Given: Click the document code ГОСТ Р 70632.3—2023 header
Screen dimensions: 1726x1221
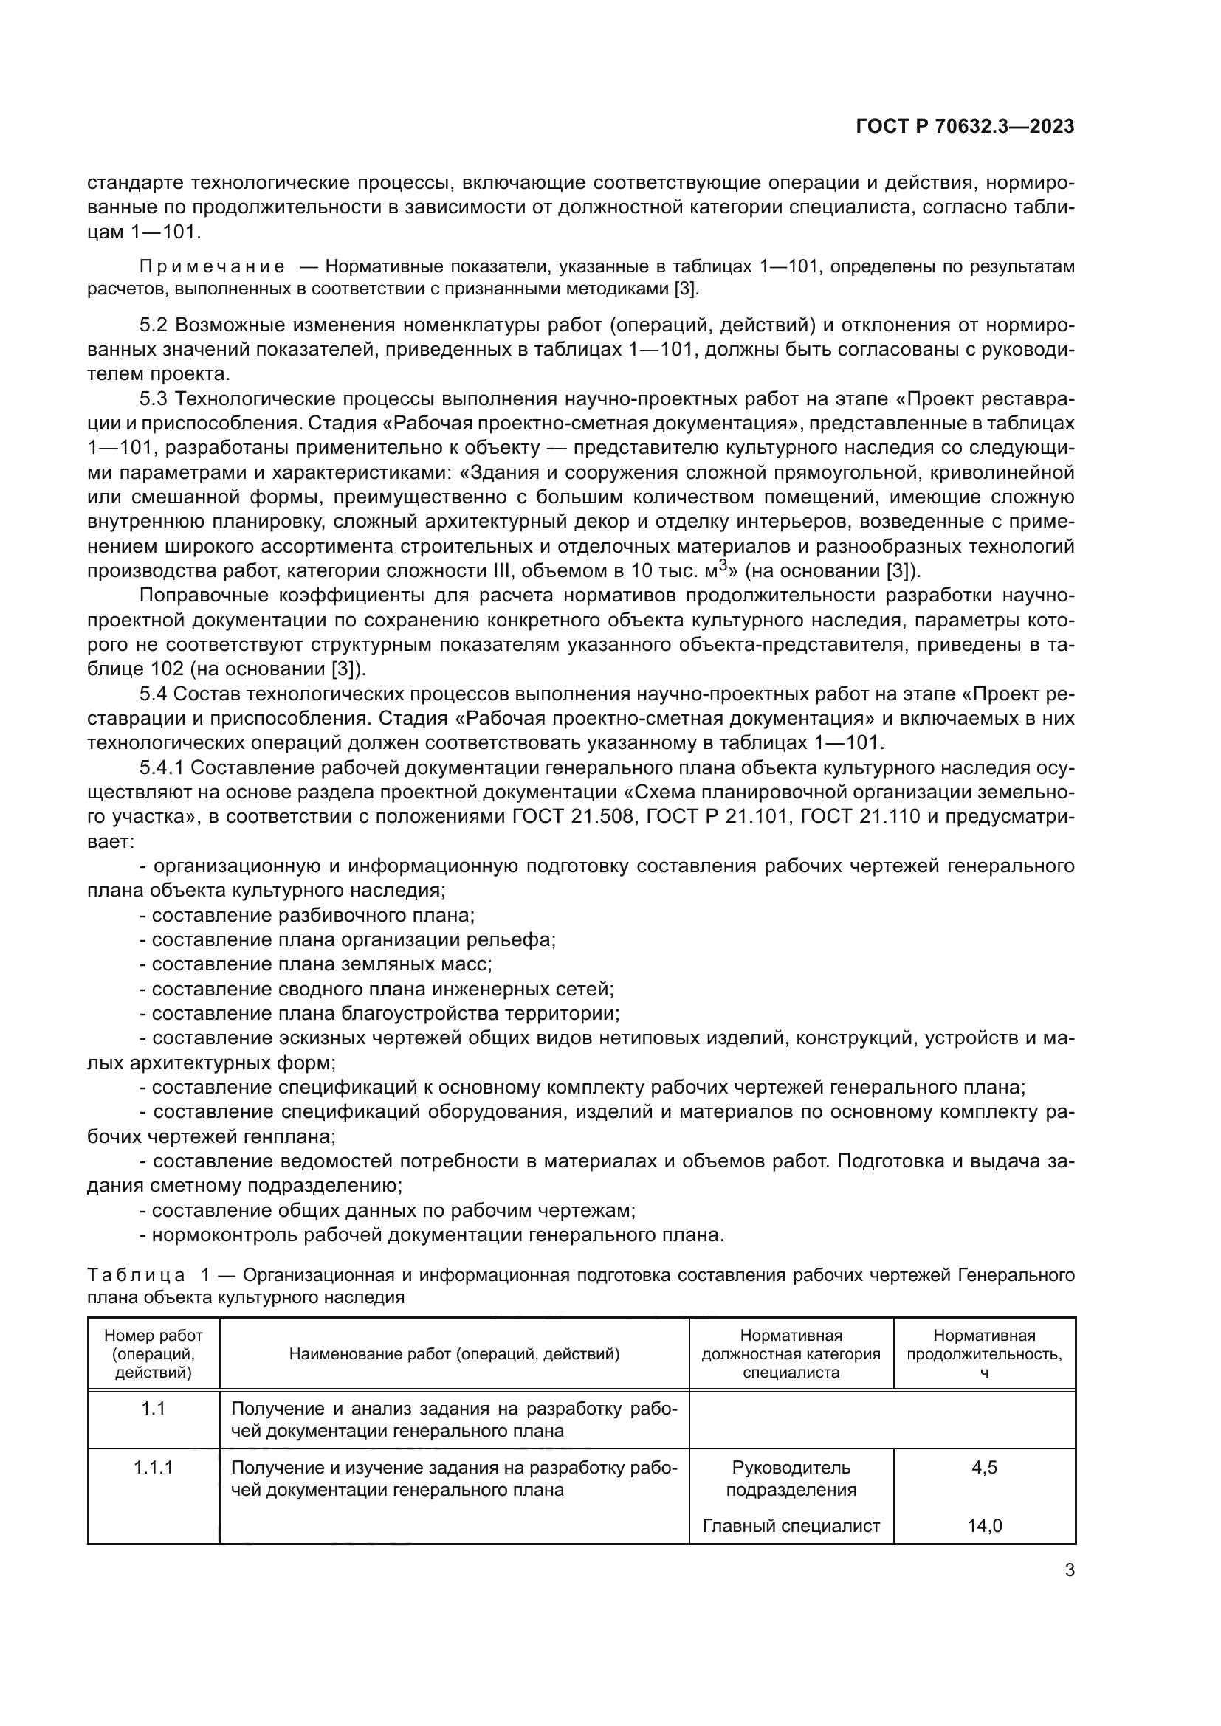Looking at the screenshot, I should click(965, 127).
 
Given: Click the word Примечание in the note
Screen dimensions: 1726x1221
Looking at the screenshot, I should click(212, 267).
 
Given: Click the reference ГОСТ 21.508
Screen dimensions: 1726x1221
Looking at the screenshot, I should click(574, 817).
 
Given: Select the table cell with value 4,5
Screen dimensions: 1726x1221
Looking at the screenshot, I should click(984, 1468).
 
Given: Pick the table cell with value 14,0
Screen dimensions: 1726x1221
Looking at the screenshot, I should click(984, 1525).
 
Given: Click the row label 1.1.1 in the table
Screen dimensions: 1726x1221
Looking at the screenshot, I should click(154, 1468).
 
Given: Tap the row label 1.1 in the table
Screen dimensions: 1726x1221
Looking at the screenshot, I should click(154, 1409).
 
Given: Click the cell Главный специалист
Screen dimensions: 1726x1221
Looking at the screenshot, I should click(791, 1525).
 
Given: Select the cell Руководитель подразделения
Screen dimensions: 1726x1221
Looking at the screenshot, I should click(791, 1479).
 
